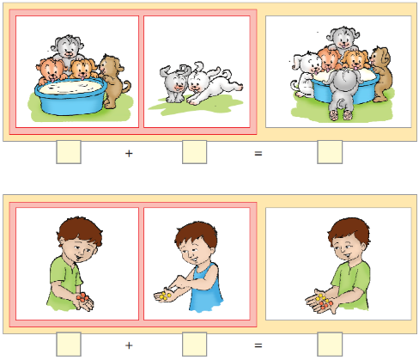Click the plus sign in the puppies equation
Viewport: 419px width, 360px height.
(x=129, y=154)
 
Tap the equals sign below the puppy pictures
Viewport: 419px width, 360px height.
(x=258, y=154)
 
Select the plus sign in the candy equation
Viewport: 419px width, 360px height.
(x=129, y=345)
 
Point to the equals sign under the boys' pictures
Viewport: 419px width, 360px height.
(x=258, y=345)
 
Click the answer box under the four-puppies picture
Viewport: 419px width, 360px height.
(x=69, y=152)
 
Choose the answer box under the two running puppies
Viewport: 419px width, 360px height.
(x=195, y=152)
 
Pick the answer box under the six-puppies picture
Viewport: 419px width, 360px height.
(x=330, y=152)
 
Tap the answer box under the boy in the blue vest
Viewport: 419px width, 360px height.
(x=195, y=344)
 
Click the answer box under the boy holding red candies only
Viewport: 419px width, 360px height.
(x=69, y=344)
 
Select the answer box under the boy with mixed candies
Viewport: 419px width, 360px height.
(x=330, y=344)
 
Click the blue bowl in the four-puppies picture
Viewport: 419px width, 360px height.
(x=70, y=96)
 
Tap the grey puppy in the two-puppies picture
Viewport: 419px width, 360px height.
(x=174, y=83)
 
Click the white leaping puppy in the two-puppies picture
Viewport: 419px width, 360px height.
(x=213, y=84)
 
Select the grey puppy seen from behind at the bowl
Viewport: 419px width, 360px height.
(x=343, y=93)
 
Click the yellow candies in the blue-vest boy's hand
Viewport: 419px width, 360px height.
(x=165, y=296)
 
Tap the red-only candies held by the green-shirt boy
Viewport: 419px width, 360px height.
(x=82, y=297)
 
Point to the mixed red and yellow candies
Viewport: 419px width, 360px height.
(x=323, y=302)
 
